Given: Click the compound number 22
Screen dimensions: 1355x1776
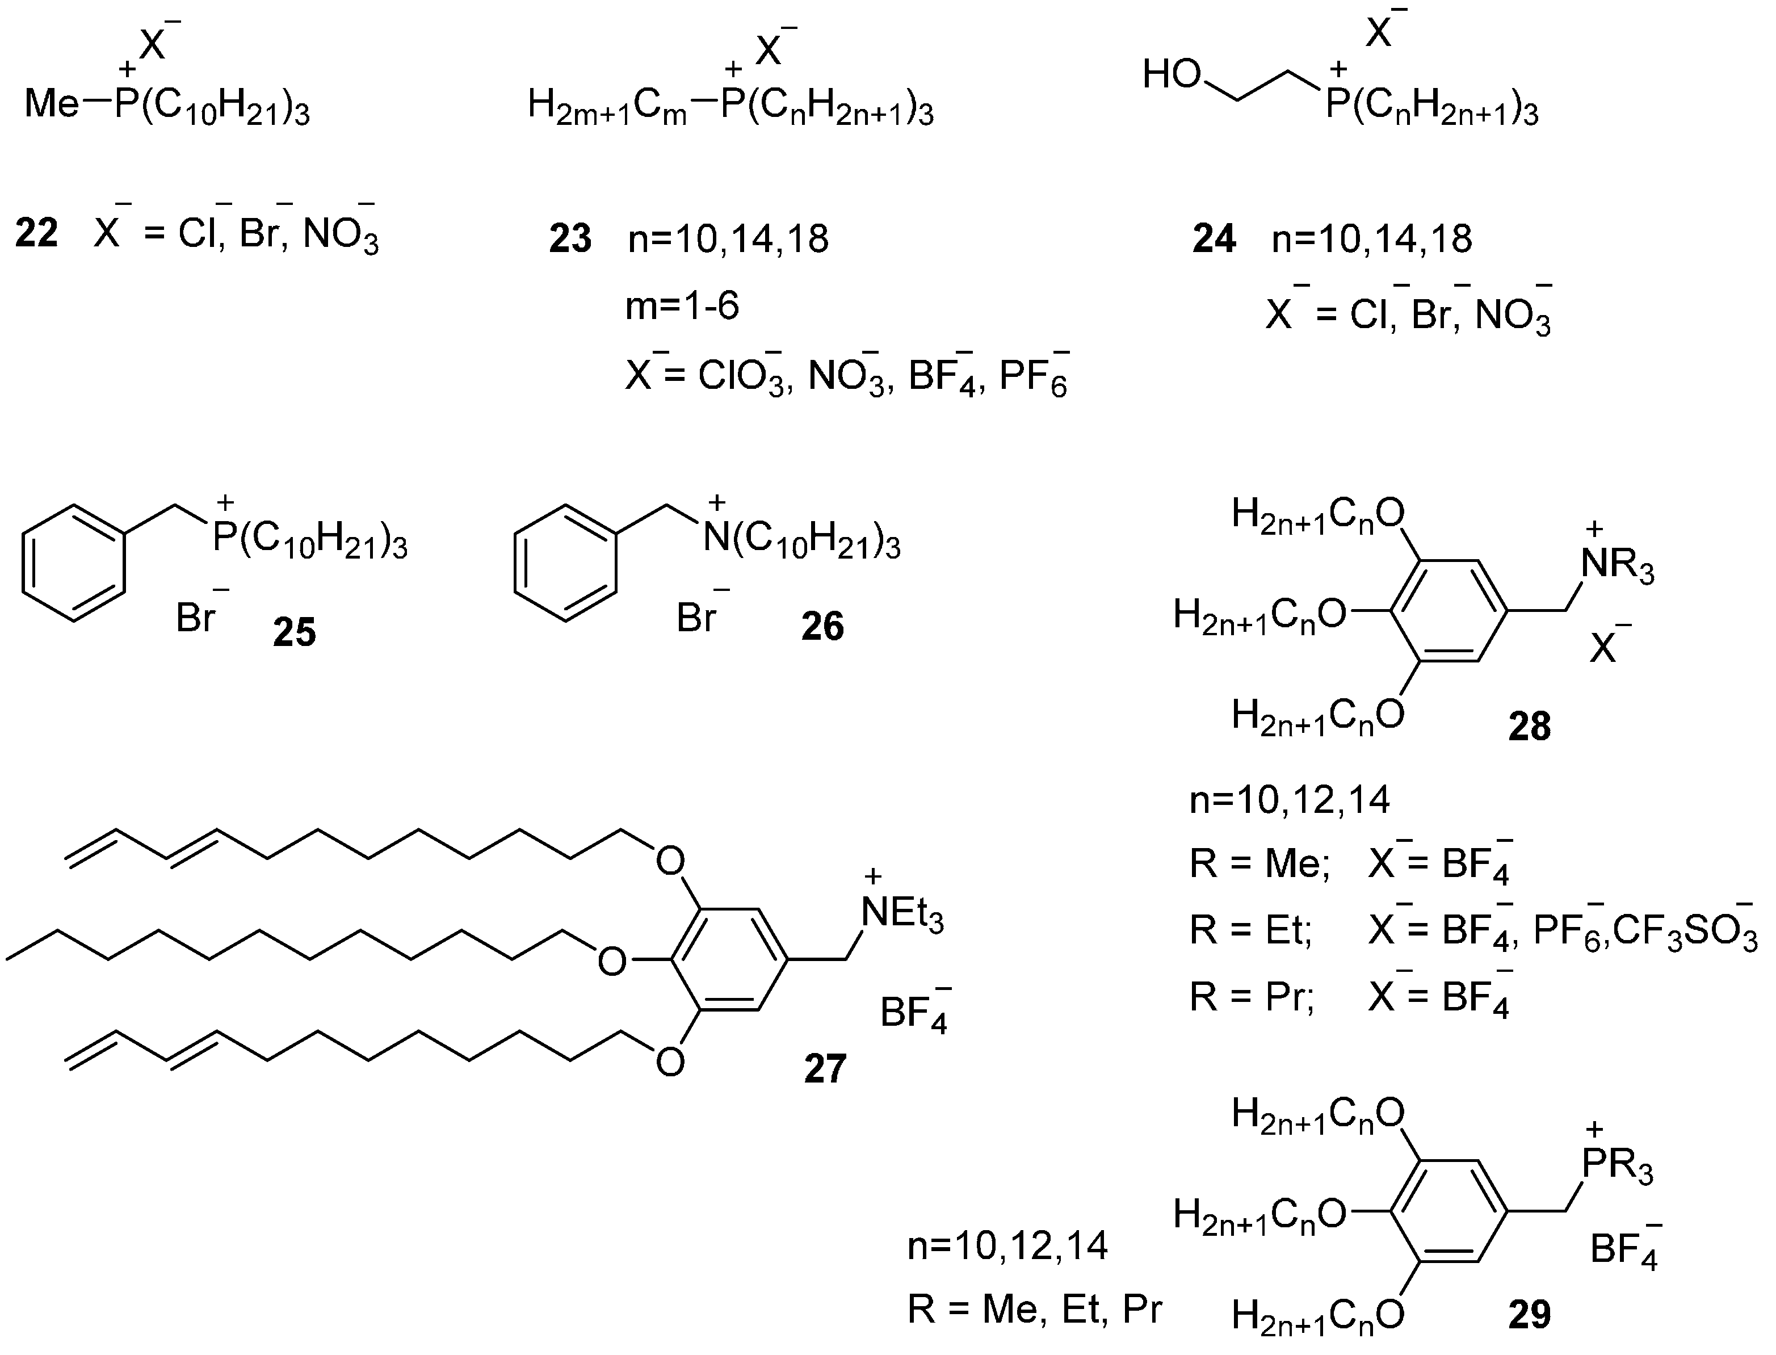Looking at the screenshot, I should pos(37,234).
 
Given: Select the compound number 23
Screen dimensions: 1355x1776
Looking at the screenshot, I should pos(570,240).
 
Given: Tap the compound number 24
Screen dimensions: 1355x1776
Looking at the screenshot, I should pos(1214,240).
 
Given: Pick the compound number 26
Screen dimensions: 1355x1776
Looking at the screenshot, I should pos(822,626).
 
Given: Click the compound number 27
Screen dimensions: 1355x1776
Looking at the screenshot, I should pos(824,1069).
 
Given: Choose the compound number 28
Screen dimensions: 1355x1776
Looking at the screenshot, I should pos(1529,727).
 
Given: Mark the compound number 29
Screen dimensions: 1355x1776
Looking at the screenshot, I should pos(1529,1315).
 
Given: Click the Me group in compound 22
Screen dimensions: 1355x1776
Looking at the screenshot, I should pos(52,105).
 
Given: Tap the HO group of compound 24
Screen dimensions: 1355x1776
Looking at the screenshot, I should pos(1172,76).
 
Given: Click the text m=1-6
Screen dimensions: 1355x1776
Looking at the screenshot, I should pos(682,307).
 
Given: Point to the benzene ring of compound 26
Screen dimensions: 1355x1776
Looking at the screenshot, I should pos(565,563).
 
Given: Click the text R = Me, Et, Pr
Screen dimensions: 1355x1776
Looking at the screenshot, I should pos(1034,1308).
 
